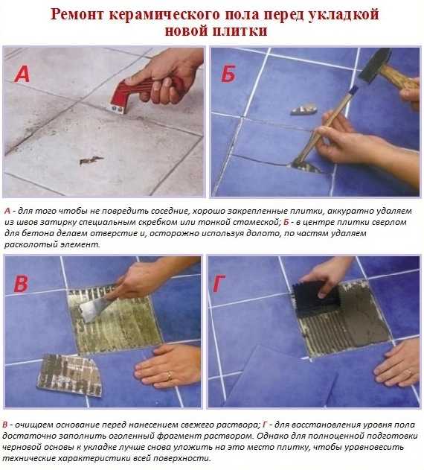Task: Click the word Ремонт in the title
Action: [77, 14]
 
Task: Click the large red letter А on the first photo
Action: [22, 74]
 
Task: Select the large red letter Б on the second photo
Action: [228, 74]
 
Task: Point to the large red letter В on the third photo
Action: [21, 284]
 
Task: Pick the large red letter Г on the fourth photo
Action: [219, 284]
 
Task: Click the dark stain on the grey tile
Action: [91, 160]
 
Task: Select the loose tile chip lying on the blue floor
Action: [303, 109]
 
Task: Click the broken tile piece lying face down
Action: [70, 375]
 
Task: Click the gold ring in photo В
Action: [170, 375]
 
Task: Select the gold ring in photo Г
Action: [408, 372]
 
